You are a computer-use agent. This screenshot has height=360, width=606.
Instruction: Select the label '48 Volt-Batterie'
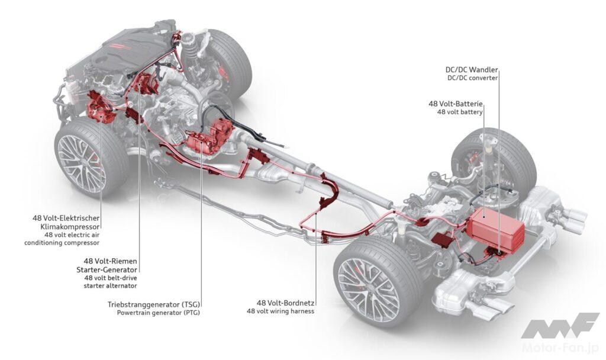pos(456,104)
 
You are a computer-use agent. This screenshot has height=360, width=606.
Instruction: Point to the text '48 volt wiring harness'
pos(281,311)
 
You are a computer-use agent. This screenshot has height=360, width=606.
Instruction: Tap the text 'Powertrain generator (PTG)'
pos(158,313)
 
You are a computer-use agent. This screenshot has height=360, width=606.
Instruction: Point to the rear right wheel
pos(496,156)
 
